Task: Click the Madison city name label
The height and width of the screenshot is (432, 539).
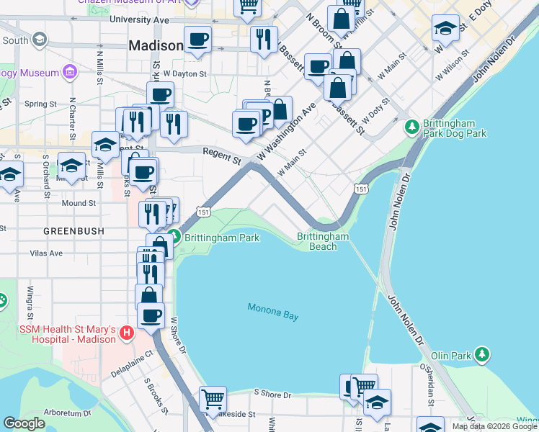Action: tap(156, 45)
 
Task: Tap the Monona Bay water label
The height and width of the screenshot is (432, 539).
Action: tap(272, 312)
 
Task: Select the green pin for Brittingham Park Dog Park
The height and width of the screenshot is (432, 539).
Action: tap(411, 127)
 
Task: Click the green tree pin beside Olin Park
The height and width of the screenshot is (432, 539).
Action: tap(482, 355)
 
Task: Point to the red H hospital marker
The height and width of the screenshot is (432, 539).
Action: tap(127, 333)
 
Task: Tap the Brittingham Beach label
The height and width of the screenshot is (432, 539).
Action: tap(323, 241)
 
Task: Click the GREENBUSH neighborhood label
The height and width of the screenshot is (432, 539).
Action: tap(73, 231)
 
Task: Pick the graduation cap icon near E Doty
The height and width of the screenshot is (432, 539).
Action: tap(445, 29)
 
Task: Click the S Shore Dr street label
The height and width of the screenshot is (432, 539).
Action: tap(272, 395)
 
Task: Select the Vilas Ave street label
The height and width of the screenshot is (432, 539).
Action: tap(47, 253)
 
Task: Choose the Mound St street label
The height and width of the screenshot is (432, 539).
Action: tap(79, 204)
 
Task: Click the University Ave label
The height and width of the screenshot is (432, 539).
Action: tap(139, 20)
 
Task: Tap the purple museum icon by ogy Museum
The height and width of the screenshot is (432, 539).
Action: tap(69, 71)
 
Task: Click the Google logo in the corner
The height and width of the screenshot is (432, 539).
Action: tap(24, 424)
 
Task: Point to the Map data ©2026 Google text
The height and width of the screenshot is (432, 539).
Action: tap(494, 426)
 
